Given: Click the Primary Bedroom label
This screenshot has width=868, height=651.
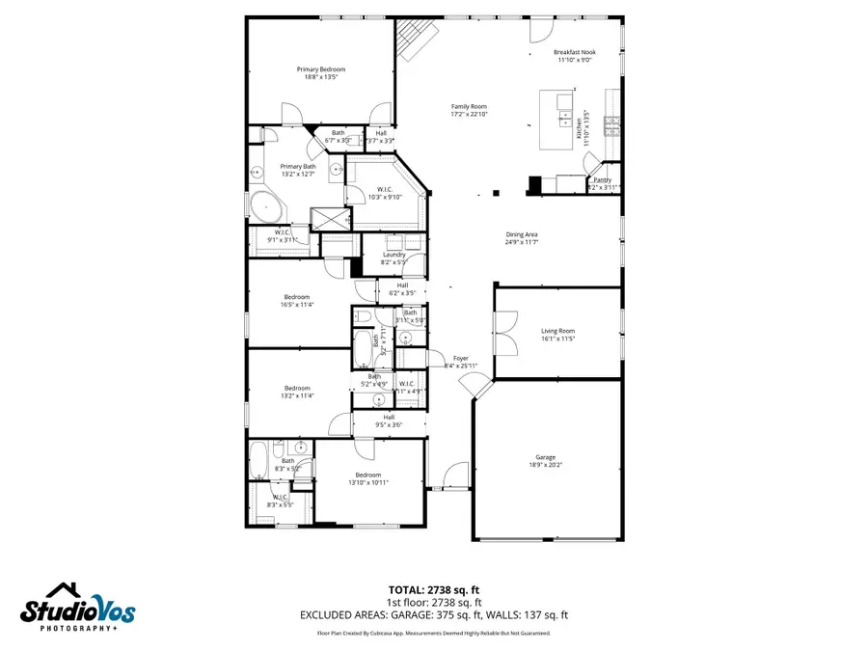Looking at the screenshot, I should tap(320, 69).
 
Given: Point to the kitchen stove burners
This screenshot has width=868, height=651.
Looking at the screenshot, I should tap(610, 122).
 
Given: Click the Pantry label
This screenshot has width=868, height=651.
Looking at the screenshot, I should tap(602, 180).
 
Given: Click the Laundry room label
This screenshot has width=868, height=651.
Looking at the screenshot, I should tap(380, 255).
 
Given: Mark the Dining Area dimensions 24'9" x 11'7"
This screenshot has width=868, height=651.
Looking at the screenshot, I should tap(522, 242).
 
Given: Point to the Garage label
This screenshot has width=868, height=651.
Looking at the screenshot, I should tap(546, 457).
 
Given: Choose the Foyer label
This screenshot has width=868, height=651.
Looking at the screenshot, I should tap(460, 358).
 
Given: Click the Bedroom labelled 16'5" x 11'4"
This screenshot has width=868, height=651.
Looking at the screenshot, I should tap(297, 296).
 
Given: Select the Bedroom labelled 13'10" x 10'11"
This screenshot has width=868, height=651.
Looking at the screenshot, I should tap(367, 475).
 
